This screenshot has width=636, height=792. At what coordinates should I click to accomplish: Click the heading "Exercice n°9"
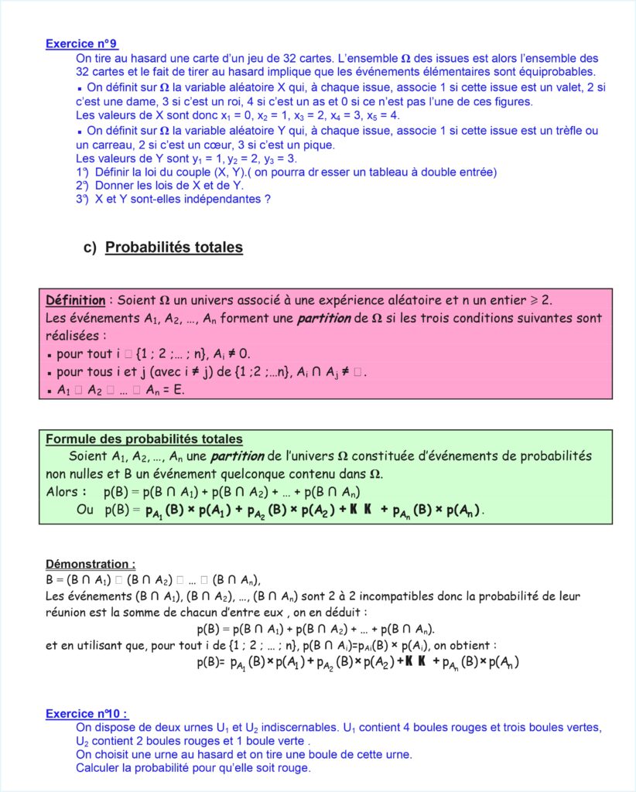[81, 44]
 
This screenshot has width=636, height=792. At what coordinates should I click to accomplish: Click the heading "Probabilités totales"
[174, 247]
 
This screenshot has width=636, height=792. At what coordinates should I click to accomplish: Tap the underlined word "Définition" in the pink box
[75, 300]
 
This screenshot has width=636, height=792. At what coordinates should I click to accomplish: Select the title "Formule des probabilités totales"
[144, 439]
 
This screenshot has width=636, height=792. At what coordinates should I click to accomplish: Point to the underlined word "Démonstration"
[90, 564]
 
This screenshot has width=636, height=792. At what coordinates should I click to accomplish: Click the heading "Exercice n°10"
[86, 713]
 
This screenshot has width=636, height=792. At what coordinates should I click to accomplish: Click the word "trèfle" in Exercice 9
[568, 131]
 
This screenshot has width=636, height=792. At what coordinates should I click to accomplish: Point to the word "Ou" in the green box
[84, 510]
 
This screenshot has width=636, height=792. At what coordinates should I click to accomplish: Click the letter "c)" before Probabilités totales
[89, 247]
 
